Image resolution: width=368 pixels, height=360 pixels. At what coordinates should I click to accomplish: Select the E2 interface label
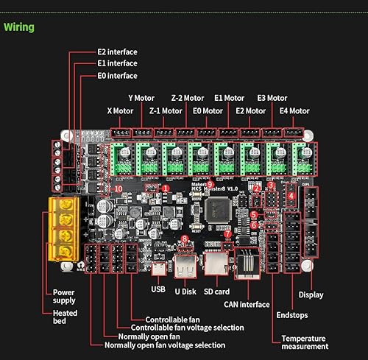tap(117, 52)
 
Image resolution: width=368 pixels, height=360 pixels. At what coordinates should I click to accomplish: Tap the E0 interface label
tap(117, 75)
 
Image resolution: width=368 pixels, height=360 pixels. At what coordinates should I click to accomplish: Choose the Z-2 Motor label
tap(188, 97)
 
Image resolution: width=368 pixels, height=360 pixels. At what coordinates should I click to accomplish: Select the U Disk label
tap(186, 290)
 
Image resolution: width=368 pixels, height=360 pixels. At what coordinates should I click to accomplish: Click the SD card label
tap(217, 290)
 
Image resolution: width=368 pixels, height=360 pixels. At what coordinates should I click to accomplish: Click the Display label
tap(311, 295)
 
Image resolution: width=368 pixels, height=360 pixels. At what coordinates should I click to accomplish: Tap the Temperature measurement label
tap(304, 342)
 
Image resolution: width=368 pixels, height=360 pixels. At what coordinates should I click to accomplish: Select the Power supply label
tap(64, 296)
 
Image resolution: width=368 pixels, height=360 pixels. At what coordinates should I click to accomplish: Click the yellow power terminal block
tap(63, 229)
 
